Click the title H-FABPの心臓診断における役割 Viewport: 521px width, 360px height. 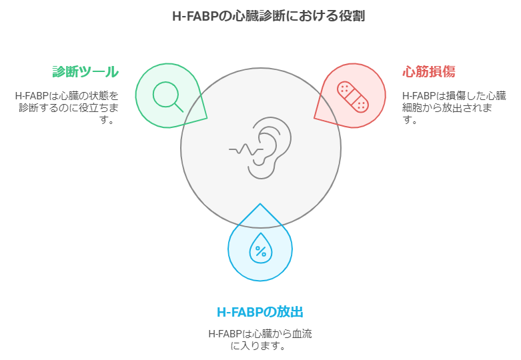268,16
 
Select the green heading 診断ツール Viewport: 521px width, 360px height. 85,72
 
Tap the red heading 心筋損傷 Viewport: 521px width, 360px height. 429,71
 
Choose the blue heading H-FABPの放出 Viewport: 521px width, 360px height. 260,312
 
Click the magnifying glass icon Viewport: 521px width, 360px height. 167,97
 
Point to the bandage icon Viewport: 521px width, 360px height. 352,97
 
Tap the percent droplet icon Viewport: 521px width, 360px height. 261,248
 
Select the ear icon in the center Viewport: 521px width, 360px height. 270,148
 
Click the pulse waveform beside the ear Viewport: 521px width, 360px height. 246,149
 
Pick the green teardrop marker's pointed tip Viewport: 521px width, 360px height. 207,118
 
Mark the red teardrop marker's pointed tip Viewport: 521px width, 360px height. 314,117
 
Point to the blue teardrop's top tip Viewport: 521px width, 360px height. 260,204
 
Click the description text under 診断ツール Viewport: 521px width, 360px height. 67,107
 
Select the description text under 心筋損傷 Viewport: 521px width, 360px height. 454,107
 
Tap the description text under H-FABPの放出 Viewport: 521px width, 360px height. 260,339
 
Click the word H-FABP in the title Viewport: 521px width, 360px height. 195,16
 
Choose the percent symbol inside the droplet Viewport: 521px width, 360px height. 261,251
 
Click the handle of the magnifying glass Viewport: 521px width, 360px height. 179,107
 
